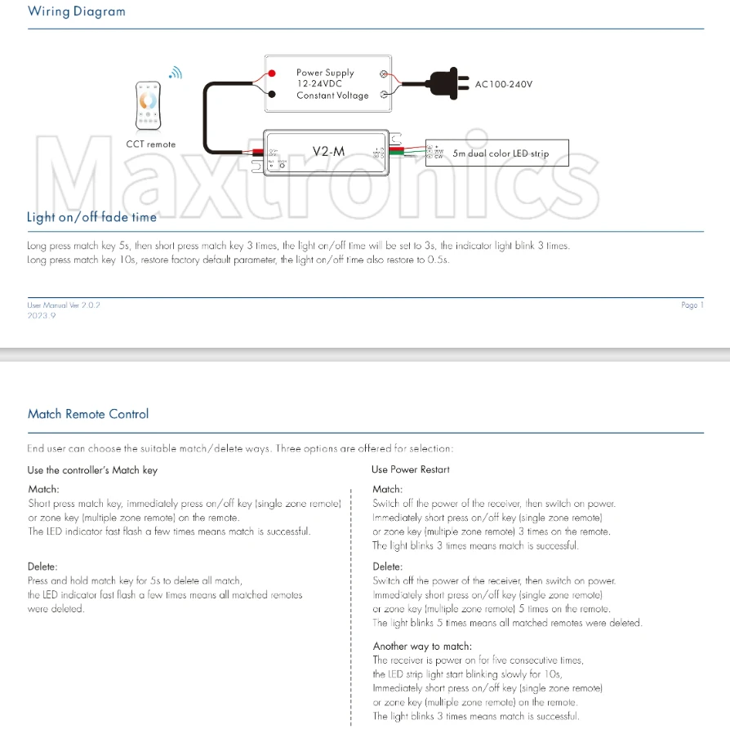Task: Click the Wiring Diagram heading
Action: (77, 11)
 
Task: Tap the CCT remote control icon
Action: (150, 104)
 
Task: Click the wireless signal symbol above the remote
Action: (176, 73)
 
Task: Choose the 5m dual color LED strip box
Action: (496, 153)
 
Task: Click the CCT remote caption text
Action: (150, 144)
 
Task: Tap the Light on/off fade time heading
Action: (91, 217)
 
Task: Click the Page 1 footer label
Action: (692, 305)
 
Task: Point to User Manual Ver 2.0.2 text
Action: (64, 304)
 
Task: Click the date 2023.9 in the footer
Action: (41, 314)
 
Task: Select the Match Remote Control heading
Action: (88, 414)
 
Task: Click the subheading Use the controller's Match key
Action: (92, 470)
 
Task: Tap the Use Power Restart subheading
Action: (410, 469)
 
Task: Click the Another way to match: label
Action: (422, 646)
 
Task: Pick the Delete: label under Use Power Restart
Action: (387, 567)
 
